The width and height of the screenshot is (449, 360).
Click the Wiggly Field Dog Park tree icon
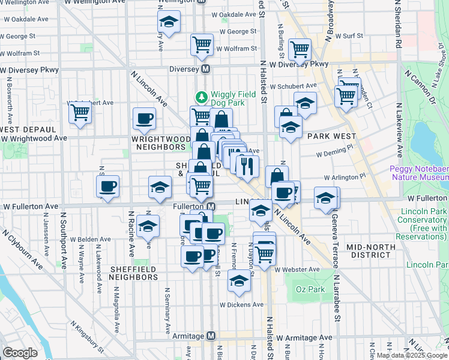tap(202, 97)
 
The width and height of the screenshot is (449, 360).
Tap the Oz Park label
tap(310, 290)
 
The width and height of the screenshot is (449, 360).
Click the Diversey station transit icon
tap(205, 69)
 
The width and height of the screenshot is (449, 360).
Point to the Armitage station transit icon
tap(211, 336)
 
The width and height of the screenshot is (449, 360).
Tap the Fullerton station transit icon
tap(211, 206)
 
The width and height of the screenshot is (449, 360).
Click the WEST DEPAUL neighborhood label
tap(28, 129)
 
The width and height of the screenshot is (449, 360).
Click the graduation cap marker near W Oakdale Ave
tap(169, 22)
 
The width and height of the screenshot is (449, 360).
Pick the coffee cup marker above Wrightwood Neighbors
tap(143, 118)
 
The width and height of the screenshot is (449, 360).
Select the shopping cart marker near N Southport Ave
tap(80, 112)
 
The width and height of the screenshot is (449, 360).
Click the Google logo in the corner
tap(20, 353)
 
